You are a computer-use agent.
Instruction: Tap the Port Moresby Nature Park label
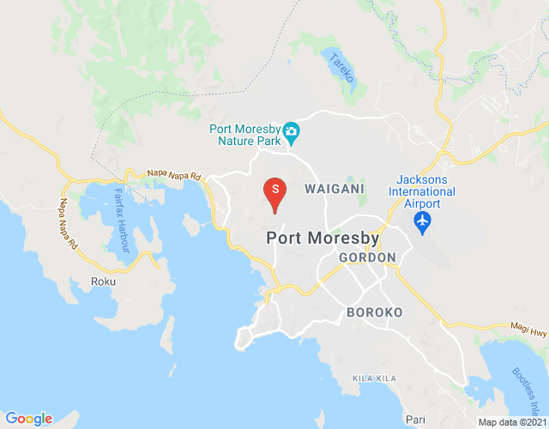(245, 136)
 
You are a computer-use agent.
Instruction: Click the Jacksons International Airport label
(421, 191)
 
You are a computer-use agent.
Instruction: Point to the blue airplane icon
(421, 221)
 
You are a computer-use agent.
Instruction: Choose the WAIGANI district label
(334, 188)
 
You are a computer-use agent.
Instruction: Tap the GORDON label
(367, 257)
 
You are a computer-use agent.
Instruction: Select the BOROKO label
(374, 313)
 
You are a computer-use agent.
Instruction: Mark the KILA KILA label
(375, 378)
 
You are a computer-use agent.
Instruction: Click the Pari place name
(416, 419)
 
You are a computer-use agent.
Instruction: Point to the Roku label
(103, 281)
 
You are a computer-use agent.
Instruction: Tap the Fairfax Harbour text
(121, 220)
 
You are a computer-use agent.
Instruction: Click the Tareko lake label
(341, 68)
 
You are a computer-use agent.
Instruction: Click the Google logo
(28, 419)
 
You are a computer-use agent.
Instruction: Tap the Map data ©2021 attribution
(512, 422)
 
